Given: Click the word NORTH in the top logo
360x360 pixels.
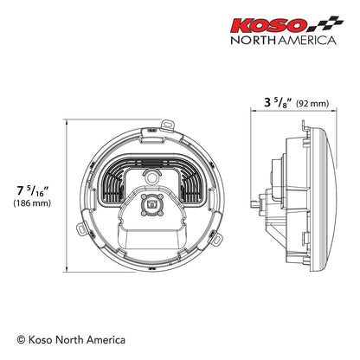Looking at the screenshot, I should [254, 39].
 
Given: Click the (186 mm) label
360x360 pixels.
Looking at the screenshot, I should [33, 203].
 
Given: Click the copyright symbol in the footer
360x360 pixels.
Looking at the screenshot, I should [22, 340].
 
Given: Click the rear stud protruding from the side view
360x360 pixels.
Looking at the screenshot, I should [254, 203].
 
